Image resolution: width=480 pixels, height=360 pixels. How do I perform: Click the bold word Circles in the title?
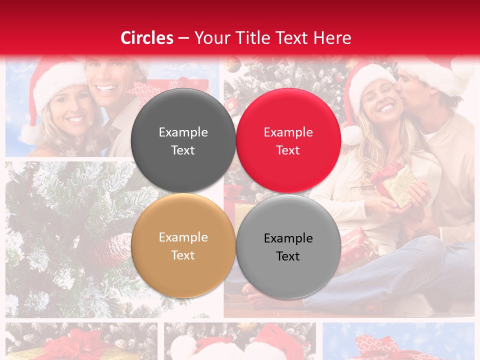coord(147,38)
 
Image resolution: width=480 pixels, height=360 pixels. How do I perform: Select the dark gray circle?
coord(183,140)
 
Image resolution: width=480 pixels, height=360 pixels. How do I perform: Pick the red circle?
coord(288,140)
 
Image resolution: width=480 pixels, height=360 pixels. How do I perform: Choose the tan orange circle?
coord(183,245)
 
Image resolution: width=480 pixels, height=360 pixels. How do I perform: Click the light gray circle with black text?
coord(288,246)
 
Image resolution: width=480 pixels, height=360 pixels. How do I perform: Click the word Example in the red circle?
coord(288,132)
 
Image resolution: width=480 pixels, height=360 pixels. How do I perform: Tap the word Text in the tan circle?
coord(183,255)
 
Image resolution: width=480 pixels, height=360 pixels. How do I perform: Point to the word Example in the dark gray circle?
coord(183,132)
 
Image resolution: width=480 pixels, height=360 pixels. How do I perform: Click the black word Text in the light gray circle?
coord(288,256)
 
